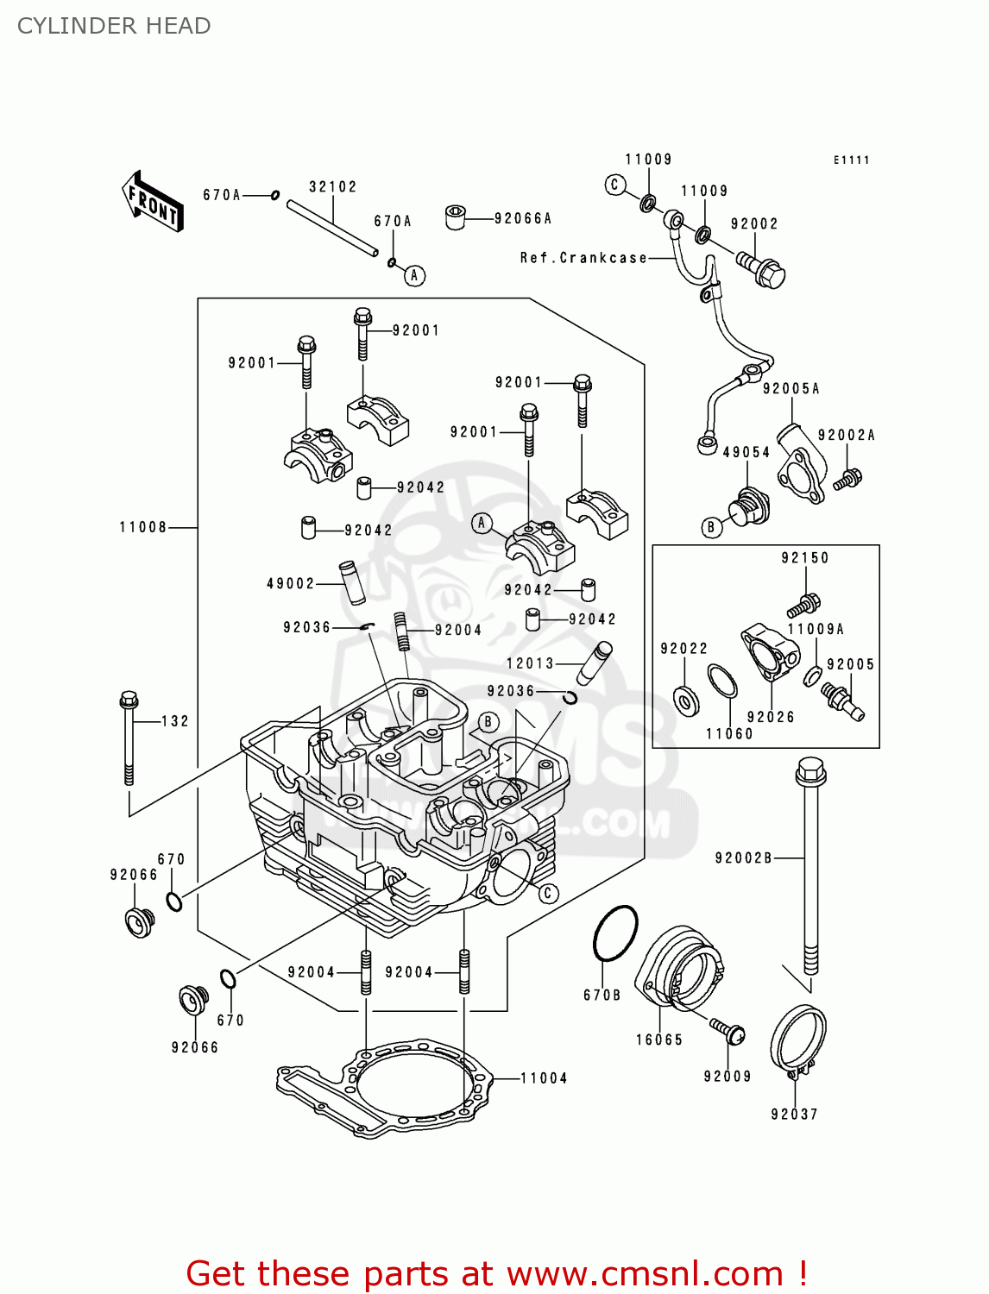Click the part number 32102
pyautogui.click(x=332, y=187)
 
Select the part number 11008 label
pyautogui.click(x=142, y=527)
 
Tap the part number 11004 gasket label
pyautogui.click(x=544, y=1078)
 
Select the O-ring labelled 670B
pyautogui.click(x=615, y=933)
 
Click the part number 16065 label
pyautogui.click(x=659, y=1040)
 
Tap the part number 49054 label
pyautogui.click(x=746, y=453)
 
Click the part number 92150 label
pyautogui.click(x=805, y=558)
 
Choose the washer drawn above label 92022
pyautogui.click(x=687, y=700)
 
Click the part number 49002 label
pyautogui.click(x=291, y=584)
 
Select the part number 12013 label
pyautogui.click(x=530, y=663)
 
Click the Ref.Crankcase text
pyautogui.click(x=583, y=258)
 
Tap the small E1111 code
pyautogui.click(x=851, y=160)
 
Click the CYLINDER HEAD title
pyautogui.click(x=114, y=26)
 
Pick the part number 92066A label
pyautogui.click(x=523, y=219)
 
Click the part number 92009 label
pyautogui.click(x=728, y=1077)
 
